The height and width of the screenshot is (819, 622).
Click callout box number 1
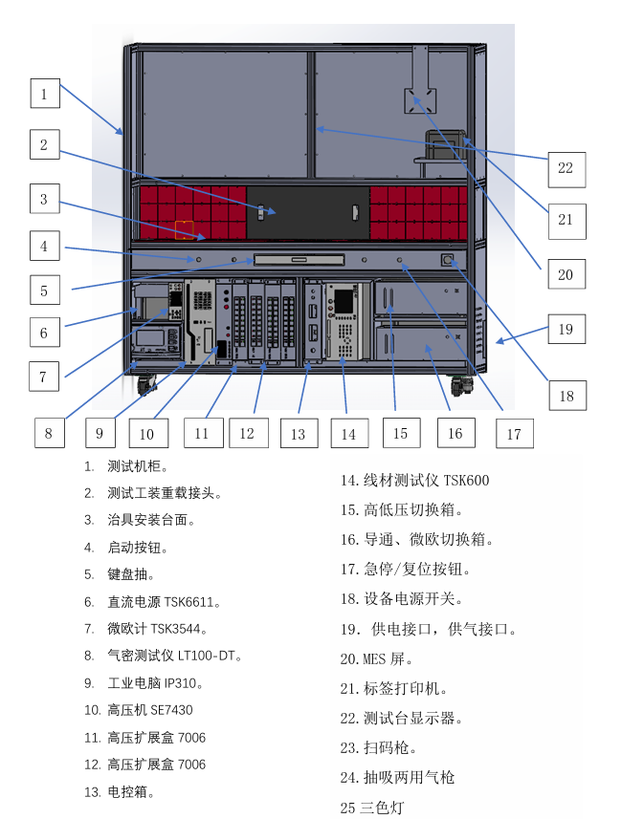[x=44, y=94]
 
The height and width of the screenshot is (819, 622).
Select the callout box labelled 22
[x=566, y=168]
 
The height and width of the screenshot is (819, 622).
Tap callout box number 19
[x=566, y=329]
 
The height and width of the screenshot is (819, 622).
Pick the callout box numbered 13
[x=298, y=433]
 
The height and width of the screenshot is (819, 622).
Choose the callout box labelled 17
[x=514, y=434]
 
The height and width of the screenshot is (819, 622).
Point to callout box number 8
[x=49, y=432]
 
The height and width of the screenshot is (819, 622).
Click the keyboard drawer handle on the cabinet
[x=298, y=259]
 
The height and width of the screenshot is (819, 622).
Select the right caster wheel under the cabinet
[x=463, y=385]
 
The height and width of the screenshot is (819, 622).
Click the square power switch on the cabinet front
[x=446, y=259]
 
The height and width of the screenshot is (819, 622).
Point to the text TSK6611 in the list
[x=191, y=602]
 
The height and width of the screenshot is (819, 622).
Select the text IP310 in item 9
[x=184, y=683]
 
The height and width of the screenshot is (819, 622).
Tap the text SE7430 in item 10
[x=169, y=710]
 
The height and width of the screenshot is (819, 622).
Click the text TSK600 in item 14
[x=466, y=480]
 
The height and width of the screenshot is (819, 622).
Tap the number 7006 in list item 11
[x=190, y=737]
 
